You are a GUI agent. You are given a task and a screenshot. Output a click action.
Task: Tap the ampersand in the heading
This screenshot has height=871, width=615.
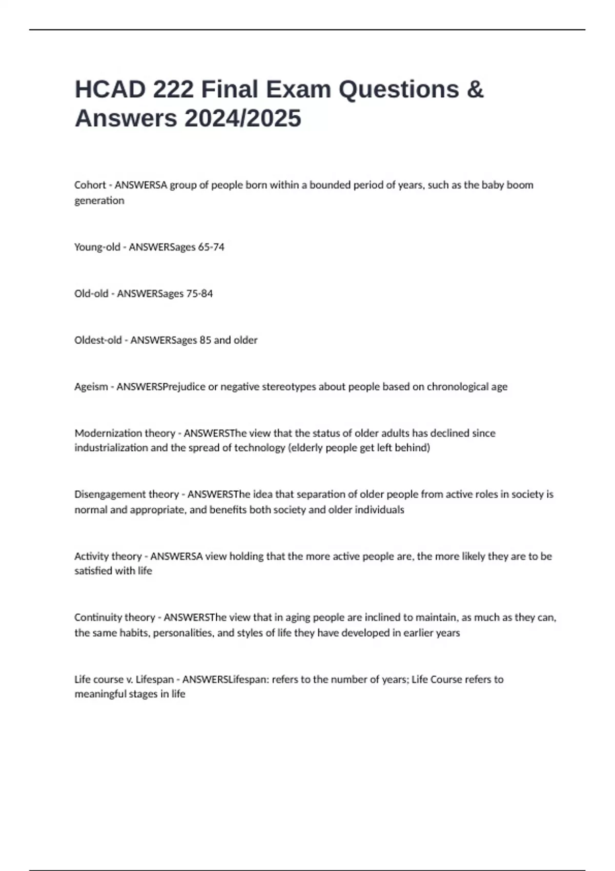coord(475,90)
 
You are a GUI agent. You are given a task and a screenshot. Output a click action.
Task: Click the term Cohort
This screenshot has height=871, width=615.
coord(90,185)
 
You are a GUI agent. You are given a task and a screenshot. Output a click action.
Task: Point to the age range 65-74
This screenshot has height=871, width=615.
coord(211,247)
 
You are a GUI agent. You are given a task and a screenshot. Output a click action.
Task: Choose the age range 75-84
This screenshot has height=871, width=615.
coord(199,294)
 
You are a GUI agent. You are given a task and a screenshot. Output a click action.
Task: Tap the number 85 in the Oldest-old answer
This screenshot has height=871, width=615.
coord(205,340)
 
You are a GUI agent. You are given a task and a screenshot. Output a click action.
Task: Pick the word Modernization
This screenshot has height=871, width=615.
coord(107,433)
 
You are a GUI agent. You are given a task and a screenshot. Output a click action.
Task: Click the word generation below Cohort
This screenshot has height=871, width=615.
coord(99,201)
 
